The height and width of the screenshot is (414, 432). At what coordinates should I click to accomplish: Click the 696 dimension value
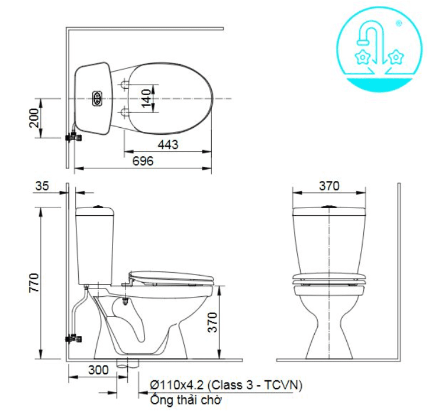[x=143, y=161]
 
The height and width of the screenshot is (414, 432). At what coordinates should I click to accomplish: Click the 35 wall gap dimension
[x=42, y=186]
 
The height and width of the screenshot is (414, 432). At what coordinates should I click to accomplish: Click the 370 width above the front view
[x=330, y=186]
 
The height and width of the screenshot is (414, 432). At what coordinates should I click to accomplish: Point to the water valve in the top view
[x=74, y=136]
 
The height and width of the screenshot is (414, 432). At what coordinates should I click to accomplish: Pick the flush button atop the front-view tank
[x=330, y=206]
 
